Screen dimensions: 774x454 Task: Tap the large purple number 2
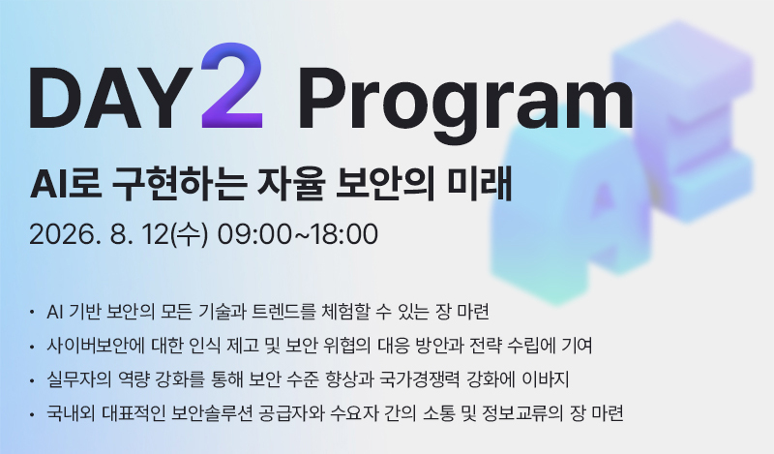click(232, 86)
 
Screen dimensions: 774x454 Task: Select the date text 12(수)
click(175, 234)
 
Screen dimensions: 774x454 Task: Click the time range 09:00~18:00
click(298, 234)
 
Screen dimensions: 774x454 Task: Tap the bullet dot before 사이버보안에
click(32, 347)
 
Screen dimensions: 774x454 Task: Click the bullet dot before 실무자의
click(32, 380)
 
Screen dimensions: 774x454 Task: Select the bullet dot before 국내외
click(32, 414)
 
